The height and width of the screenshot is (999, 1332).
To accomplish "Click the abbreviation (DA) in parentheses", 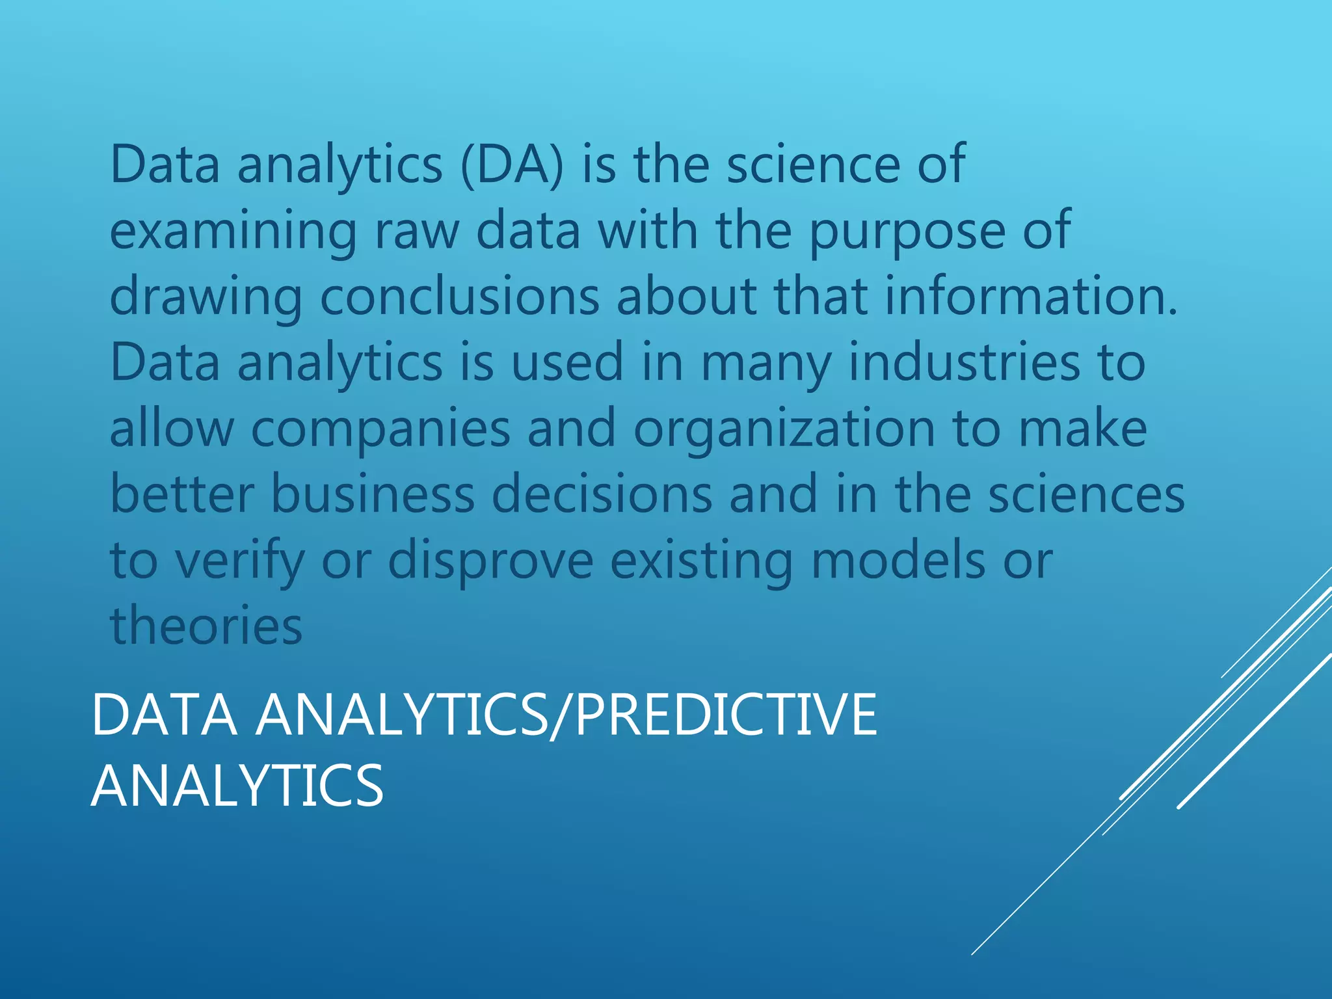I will (511, 164).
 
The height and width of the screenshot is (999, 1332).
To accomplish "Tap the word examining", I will (233, 232).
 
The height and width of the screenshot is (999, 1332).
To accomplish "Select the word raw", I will (417, 232).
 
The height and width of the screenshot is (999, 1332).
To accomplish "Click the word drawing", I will (206, 297).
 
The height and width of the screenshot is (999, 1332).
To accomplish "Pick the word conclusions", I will (459, 297).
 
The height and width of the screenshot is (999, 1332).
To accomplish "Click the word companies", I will (380, 429).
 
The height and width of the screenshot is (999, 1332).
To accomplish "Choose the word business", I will (373, 494).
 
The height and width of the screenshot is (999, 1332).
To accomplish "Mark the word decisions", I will (602, 494).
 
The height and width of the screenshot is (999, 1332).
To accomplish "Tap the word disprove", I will (490, 561).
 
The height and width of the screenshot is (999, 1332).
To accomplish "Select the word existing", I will (702, 561).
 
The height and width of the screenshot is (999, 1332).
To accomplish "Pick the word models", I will (898, 561).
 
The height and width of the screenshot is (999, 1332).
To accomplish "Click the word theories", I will (206, 626).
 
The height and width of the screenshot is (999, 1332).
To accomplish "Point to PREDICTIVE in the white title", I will (726, 715).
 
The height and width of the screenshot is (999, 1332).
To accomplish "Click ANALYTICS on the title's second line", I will (237, 786).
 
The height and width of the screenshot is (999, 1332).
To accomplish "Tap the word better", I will (181, 494).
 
